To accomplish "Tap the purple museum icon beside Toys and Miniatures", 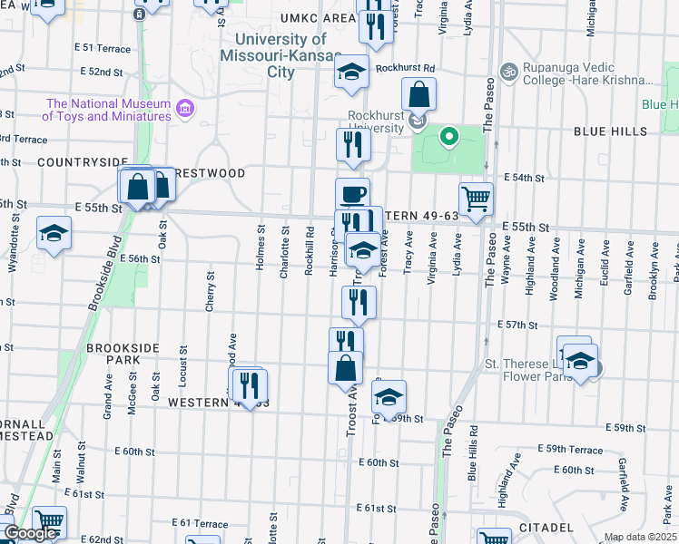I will [186, 109].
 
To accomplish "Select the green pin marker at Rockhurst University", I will [448, 138].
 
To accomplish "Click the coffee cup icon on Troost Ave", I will [352, 194].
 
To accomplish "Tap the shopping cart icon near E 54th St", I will [476, 199].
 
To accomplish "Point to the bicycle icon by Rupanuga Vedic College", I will [509, 69].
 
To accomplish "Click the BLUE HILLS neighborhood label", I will [610, 131].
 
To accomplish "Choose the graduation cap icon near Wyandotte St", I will [54, 234].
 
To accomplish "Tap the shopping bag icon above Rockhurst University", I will [419, 93].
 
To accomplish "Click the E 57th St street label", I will [517, 324].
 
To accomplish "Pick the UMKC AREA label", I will [292, 18].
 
